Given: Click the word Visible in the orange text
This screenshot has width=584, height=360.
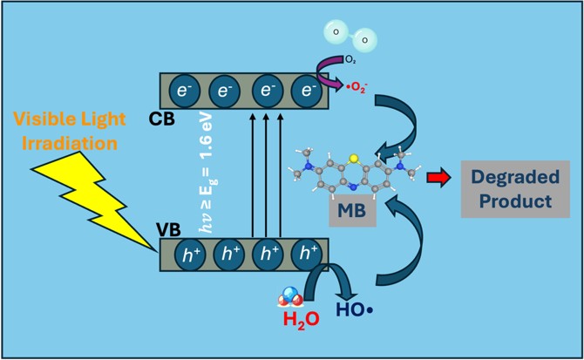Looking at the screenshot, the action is [x=42, y=119].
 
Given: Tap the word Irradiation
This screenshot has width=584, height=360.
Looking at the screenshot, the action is [x=70, y=143].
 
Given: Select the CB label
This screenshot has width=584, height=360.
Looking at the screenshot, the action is [x=161, y=119].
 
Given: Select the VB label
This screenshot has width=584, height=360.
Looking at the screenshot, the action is [x=168, y=230].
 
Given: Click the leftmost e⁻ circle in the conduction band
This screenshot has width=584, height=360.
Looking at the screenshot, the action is [x=185, y=91].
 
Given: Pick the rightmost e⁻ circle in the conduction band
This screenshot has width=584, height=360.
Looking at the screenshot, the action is [x=307, y=91].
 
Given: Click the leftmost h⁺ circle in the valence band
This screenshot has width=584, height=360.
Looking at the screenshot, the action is [x=190, y=255].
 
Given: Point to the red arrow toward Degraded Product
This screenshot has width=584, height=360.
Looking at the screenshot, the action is [x=438, y=178].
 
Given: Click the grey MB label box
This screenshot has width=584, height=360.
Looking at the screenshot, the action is [x=352, y=210].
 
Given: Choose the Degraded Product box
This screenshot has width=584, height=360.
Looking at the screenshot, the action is [x=515, y=189].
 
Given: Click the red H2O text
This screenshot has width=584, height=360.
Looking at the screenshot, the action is [x=301, y=319].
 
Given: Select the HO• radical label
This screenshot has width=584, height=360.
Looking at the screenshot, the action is [x=354, y=309].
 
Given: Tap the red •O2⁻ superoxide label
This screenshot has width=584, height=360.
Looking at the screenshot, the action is [x=357, y=88].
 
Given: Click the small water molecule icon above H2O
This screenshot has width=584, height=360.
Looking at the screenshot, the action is [x=289, y=296].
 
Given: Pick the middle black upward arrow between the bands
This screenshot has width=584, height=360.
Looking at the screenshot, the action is [x=266, y=175].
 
